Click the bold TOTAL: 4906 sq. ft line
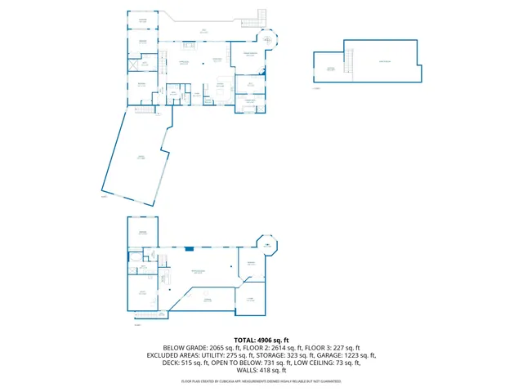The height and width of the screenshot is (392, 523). [x=261, y=339]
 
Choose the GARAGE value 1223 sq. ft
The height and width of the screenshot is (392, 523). [x=352, y=356]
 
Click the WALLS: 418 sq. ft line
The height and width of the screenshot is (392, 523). [x=261, y=372]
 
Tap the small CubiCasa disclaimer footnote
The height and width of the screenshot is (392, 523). [x=261, y=381]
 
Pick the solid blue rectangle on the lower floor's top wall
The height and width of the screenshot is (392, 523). [x=190, y=248]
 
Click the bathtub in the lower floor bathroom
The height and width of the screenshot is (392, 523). [x=133, y=259]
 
